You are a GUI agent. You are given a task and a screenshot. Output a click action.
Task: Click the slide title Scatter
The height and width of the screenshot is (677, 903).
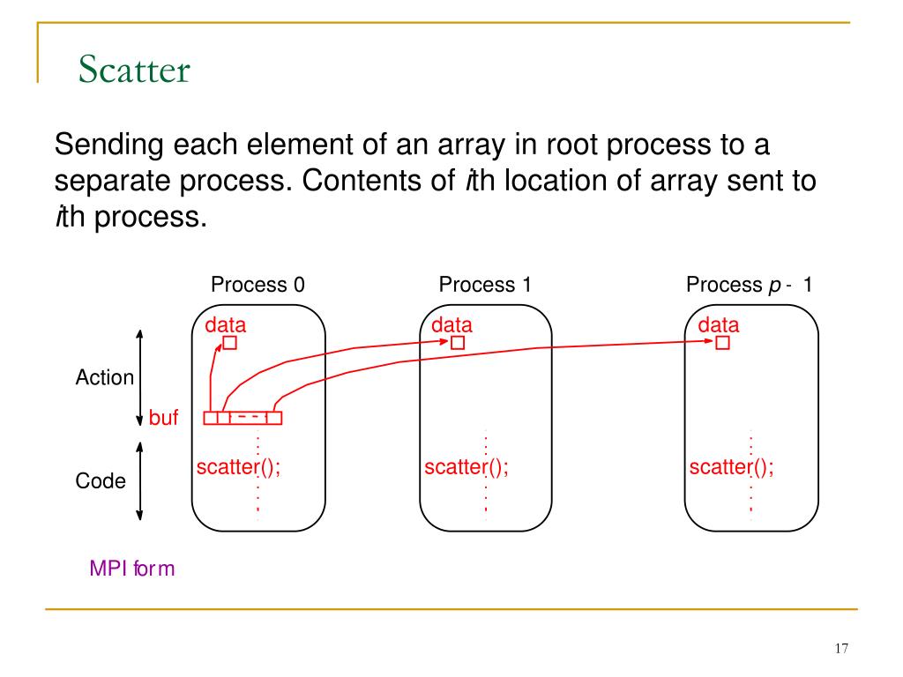(x=134, y=69)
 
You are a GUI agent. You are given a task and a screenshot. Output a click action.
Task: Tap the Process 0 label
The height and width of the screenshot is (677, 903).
(x=257, y=285)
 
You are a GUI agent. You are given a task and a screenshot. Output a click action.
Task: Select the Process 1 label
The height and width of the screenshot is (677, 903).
(x=485, y=285)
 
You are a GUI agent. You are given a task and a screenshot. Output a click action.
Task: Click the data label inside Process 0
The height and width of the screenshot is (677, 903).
(x=226, y=325)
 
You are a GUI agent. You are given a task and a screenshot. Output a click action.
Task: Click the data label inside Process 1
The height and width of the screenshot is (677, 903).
(x=451, y=325)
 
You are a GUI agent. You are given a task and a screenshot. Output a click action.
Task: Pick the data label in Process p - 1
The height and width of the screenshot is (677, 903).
(x=719, y=325)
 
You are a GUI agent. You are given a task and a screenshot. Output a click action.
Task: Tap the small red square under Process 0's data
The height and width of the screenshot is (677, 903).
(x=229, y=343)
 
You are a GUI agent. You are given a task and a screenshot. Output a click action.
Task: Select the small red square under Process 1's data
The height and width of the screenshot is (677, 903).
(x=457, y=343)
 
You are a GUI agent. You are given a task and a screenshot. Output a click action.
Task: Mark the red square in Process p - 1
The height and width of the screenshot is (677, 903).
(x=723, y=343)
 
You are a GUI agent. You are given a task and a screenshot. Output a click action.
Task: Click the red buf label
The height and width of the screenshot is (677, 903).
(x=163, y=418)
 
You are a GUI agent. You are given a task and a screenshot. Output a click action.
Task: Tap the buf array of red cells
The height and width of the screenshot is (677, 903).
(x=243, y=418)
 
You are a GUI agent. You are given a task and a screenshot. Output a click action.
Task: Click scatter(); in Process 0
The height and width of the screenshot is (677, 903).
(x=239, y=467)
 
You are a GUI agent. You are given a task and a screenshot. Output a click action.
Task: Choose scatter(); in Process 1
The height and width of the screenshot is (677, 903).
(x=466, y=467)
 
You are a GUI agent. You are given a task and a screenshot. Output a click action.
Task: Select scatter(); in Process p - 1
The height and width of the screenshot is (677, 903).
(x=732, y=467)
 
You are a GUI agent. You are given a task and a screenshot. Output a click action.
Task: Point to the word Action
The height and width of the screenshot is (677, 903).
(x=105, y=377)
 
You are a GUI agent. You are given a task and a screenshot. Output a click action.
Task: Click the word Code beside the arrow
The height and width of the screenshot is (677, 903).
(x=101, y=481)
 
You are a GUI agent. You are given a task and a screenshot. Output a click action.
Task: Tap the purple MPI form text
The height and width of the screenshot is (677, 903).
(x=132, y=569)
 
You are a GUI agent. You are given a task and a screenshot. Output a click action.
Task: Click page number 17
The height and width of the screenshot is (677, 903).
(x=840, y=649)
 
